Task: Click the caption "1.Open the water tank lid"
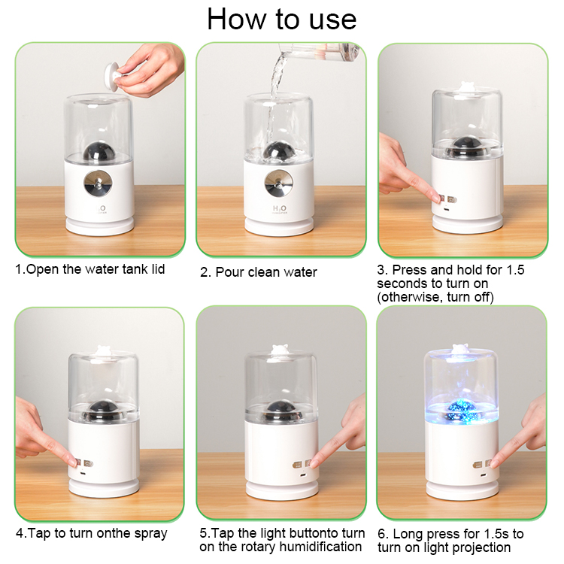(x=90, y=269)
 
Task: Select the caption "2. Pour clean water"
(x=258, y=272)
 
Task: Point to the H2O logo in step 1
(x=100, y=208)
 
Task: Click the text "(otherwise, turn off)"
(x=435, y=297)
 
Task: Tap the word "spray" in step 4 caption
(x=148, y=534)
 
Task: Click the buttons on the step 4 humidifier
(x=83, y=462)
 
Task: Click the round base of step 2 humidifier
(x=280, y=226)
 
